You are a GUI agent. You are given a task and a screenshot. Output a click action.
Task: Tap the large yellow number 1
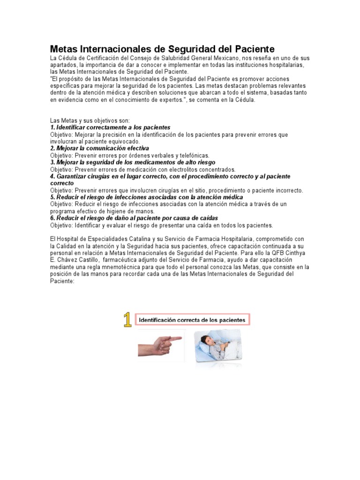127,320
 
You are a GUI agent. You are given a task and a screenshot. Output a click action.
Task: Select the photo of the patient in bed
219,345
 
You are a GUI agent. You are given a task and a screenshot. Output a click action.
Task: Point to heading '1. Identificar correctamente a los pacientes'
110,127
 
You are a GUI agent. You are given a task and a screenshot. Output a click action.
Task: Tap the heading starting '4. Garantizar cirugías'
170,176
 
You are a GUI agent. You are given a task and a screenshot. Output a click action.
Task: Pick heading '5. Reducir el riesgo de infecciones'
146,197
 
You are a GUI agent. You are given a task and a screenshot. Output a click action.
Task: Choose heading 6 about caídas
134,218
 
